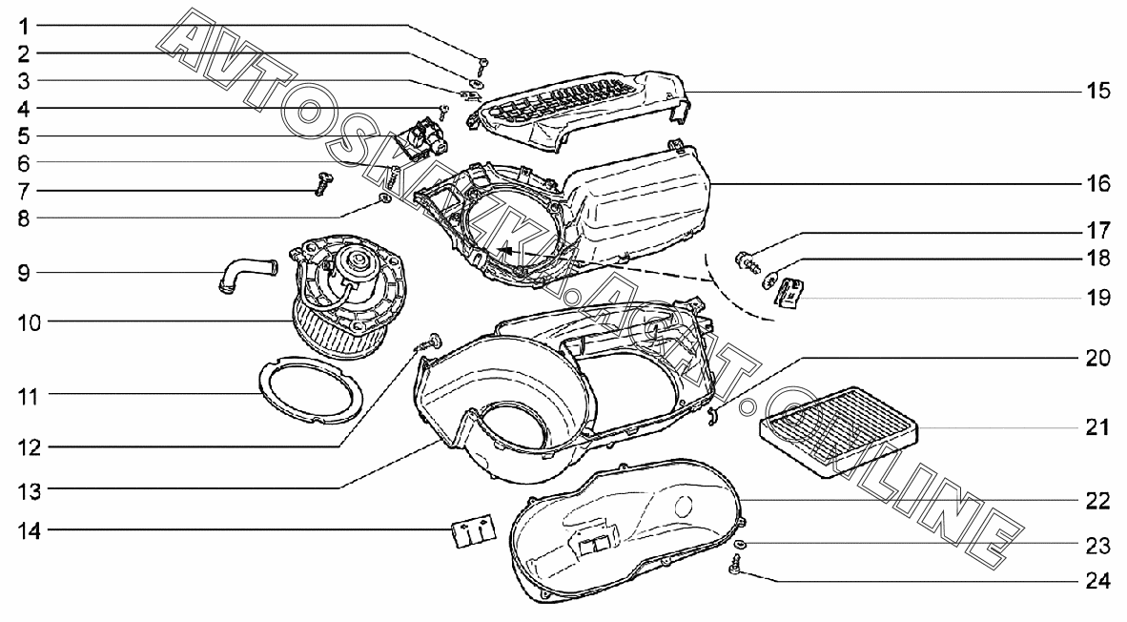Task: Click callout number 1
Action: coord(22,24)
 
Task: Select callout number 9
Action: coord(22,274)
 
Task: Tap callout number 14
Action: coord(28,529)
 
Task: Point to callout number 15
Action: coord(1097,92)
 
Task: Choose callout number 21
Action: coord(1097,427)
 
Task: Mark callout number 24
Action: coord(1097,580)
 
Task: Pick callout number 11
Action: coord(28,394)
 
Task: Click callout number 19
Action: coord(1097,298)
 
